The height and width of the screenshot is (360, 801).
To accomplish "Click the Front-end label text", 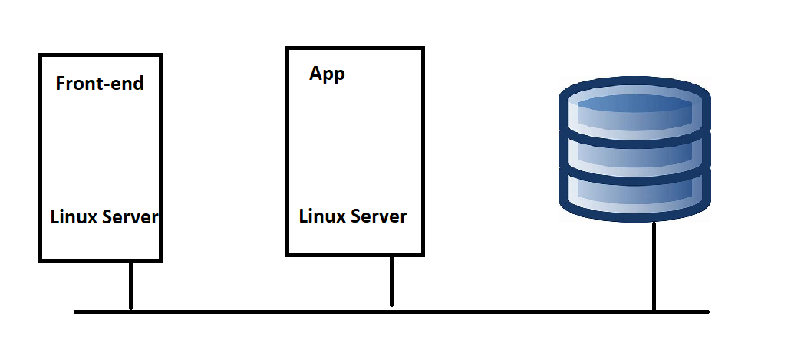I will pyautogui.click(x=100, y=84).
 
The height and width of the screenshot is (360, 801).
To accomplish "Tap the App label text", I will pyautogui.click(x=327, y=74).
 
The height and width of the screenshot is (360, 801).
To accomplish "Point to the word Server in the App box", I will pyautogui.click(x=377, y=216).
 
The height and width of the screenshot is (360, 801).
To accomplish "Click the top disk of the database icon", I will pyautogui.click(x=634, y=107).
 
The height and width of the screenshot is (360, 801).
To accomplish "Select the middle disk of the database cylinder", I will pyautogui.click(x=634, y=150).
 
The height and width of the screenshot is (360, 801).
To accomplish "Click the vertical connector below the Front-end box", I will pyautogui.click(x=131, y=286).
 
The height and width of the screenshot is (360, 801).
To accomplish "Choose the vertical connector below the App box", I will pyautogui.click(x=392, y=282).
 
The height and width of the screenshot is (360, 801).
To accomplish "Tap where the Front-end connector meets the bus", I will pyautogui.click(x=131, y=312).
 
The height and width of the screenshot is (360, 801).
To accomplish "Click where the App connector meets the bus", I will pyautogui.click(x=392, y=312).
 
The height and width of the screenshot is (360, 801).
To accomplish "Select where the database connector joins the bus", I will pyautogui.click(x=654, y=312).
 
